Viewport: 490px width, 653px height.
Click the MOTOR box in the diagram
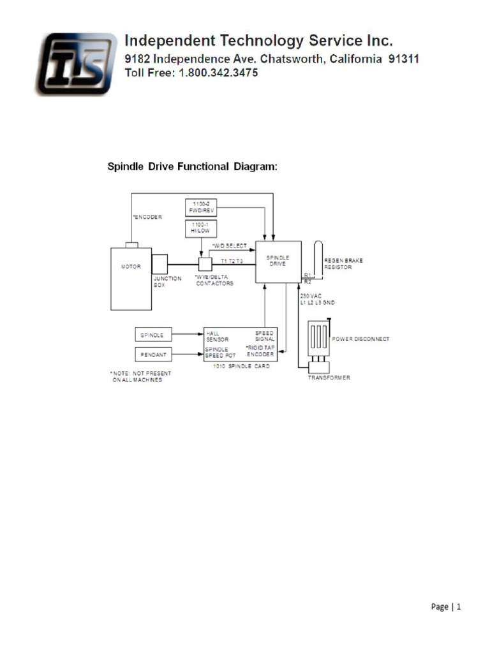pyautogui.click(x=131, y=279)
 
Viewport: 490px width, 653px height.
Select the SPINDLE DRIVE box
pyautogui.click(x=278, y=261)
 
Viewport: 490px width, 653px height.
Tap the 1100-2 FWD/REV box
pyautogui.click(x=200, y=207)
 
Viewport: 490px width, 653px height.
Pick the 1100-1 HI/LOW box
pyautogui.click(x=200, y=228)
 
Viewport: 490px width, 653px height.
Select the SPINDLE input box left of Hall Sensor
pyautogui.click(x=153, y=335)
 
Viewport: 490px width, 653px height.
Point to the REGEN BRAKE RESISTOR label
pyautogui.click(x=338, y=263)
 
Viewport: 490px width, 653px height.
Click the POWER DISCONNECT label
pyautogui.click(x=360, y=339)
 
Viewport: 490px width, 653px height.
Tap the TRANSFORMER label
pyautogui.click(x=330, y=378)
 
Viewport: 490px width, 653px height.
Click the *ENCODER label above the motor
pyautogui.click(x=147, y=217)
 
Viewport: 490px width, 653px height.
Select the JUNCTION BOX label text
pyautogui.click(x=167, y=281)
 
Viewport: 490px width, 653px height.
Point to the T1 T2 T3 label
pyautogui.click(x=232, y=261)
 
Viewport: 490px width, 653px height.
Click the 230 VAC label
pyautogui.click(x=311, y=296)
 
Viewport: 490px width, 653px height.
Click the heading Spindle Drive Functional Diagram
pyautogui.click(x=191, y=167)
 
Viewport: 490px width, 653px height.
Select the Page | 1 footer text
pyautogui.click(x=445, y=606)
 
